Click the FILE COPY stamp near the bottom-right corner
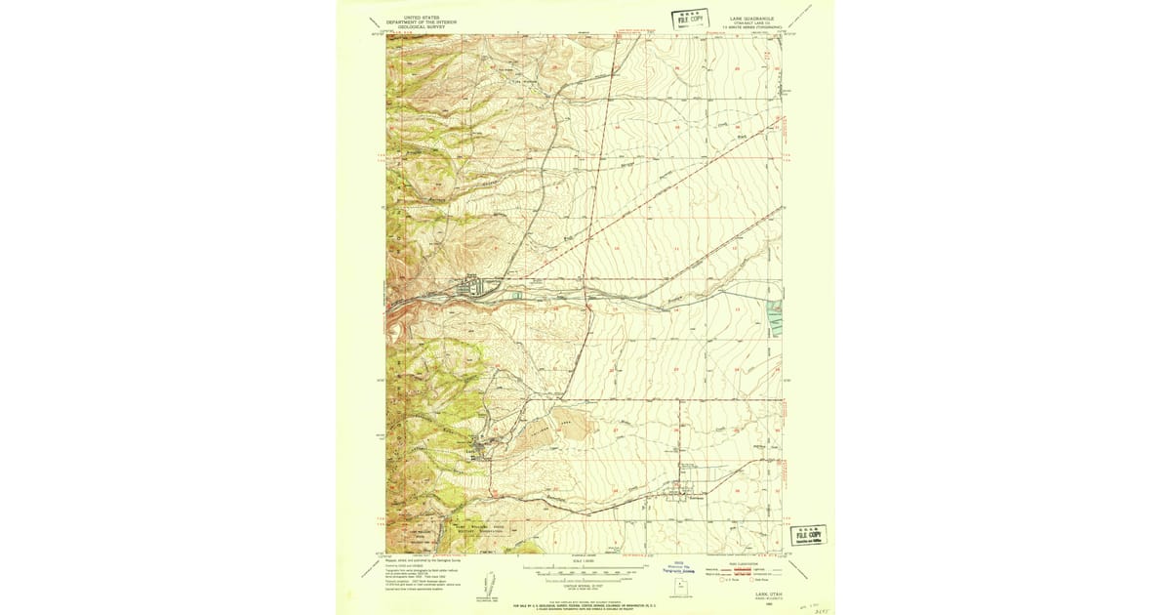808,534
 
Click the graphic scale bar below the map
585,567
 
